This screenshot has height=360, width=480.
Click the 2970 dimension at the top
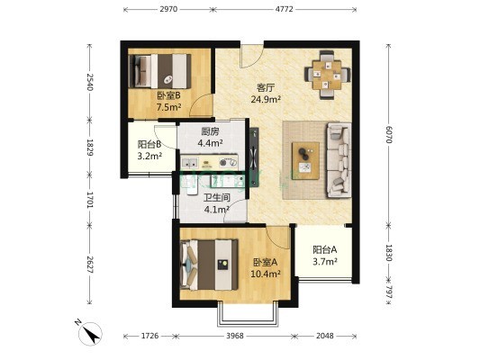coord(168,9)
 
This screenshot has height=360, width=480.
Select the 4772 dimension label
coord(284,9)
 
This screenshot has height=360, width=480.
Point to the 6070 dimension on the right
coord(389,135)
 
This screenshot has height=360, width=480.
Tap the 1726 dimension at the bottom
coord(149,336)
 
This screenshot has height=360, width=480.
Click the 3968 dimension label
coord(235,336)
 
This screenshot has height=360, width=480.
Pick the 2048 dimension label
coord(325,336)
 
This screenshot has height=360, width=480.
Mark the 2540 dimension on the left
coord(90,82)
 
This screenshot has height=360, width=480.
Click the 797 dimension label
coord(389,292)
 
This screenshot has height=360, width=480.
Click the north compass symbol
coord(89,333)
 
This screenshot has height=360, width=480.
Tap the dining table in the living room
coord(327,75)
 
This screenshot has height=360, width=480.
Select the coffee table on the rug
coord(305,161)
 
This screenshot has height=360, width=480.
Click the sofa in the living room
coord(339,159)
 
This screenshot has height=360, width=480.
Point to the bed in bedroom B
coord(159,71)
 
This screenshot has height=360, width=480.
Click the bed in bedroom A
coord(210,265)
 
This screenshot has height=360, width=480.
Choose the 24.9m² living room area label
coord(266,99)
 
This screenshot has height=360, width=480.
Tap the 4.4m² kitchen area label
coord(210,143)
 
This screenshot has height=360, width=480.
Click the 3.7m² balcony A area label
coord(325,262)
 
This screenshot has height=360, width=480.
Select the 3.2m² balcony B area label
coord(149,156)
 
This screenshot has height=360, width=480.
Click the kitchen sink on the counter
coord(190,163)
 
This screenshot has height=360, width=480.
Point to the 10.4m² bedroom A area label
coord(266,274)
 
